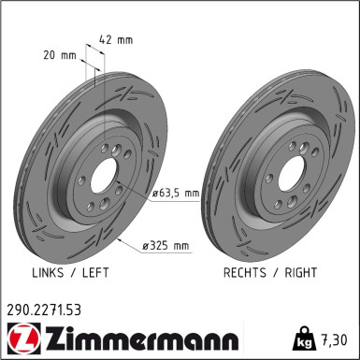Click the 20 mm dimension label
click(x=62, y=56)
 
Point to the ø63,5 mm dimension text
click(x=177, y=194)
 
